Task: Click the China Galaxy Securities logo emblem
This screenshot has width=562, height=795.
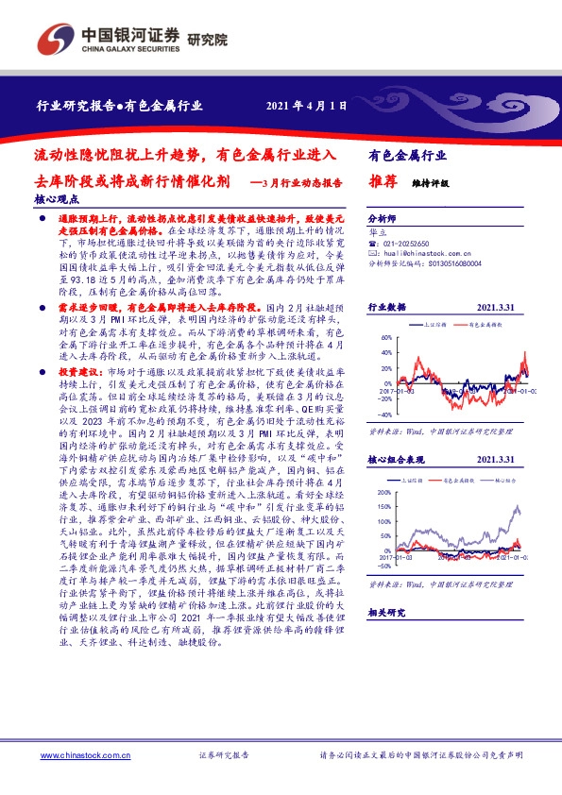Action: click(54, 39)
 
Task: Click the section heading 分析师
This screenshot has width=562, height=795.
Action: click(383, 216)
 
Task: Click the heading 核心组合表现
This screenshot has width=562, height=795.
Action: click(399, 460)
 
